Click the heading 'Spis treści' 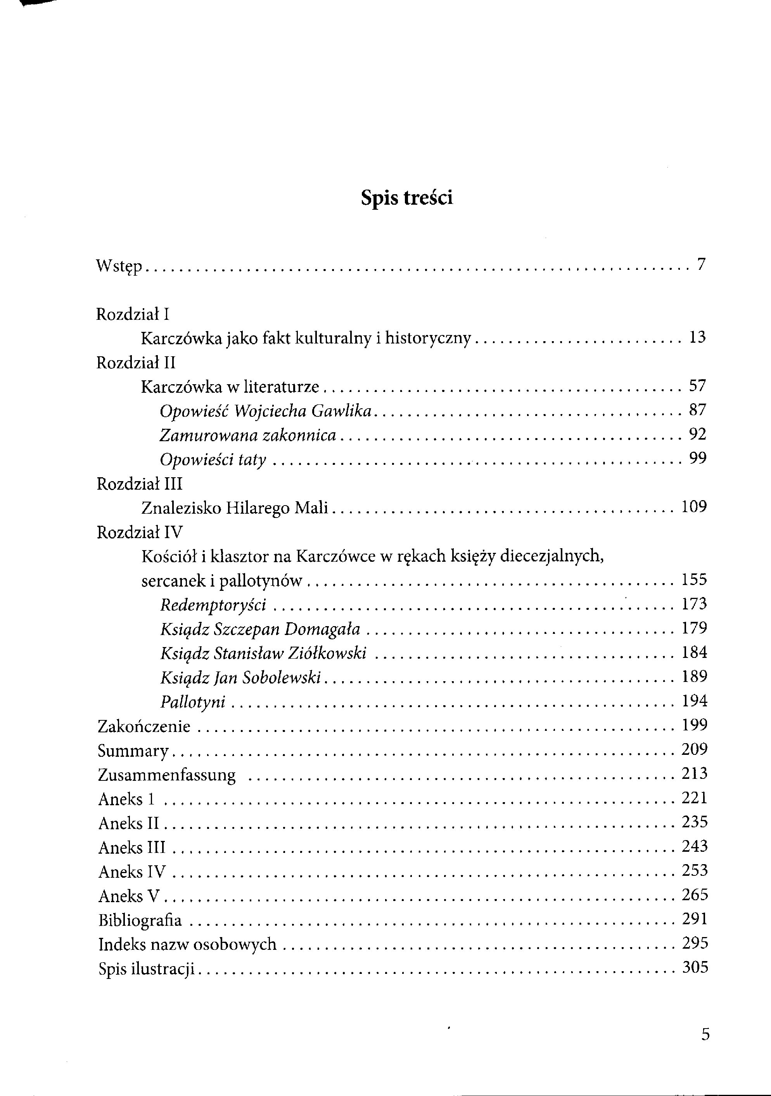point(407,198)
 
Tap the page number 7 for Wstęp point(701,264)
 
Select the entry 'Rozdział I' point(133,314)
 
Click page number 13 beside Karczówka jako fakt point(697,338)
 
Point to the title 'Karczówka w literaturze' point(230,387)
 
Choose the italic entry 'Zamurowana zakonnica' point(248,435)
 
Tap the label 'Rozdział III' point(139,484)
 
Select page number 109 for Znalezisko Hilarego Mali point(694,507)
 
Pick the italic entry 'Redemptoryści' point(213,605)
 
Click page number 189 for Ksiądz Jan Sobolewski point(694,677)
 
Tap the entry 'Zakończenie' point(144,727)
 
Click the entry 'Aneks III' point(131,848)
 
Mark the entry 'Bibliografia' point(140,920)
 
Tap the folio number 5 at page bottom point(705,1034)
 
